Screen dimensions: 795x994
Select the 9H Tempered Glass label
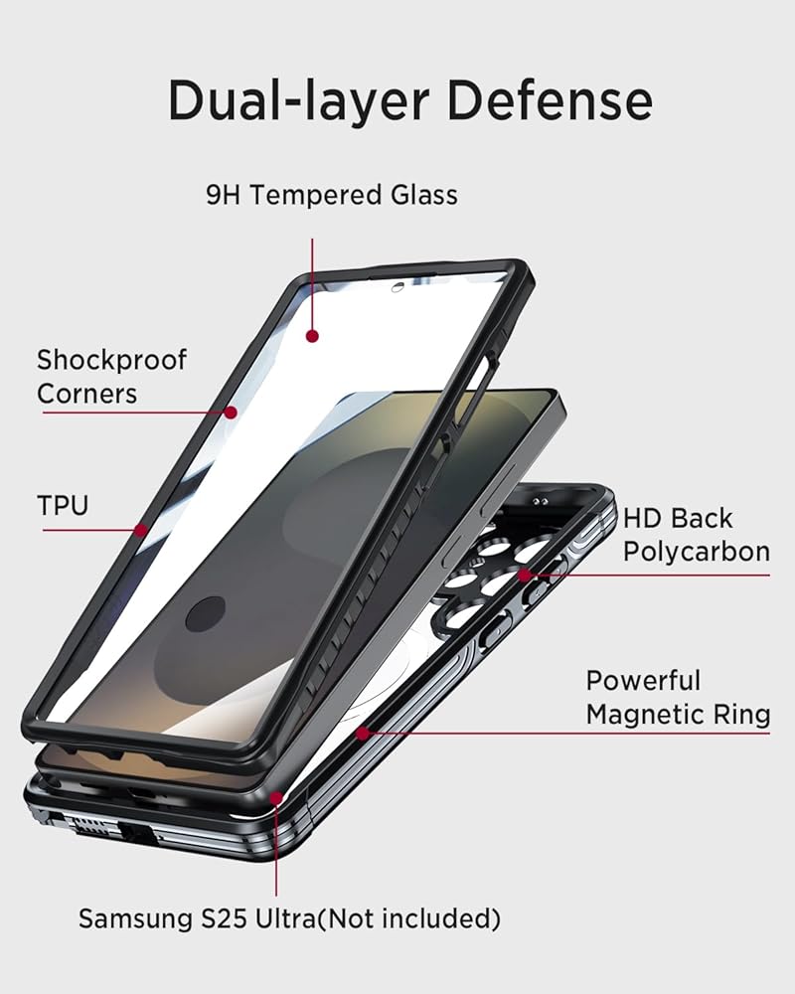tap(332, 195)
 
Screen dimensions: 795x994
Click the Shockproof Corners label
tap(111, 376)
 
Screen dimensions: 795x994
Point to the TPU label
tap(63, 505)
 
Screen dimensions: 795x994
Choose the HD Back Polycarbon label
tap(696, 535)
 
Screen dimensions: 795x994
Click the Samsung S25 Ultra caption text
tap(289, 919)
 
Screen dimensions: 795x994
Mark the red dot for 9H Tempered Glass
tap(312, 336)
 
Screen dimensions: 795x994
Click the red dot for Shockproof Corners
tap(231, 412)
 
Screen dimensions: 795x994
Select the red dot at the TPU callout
tap(141, 530)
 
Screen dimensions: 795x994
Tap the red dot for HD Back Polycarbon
tap(523, 575)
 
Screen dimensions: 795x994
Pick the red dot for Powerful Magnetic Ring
tap(363, 734)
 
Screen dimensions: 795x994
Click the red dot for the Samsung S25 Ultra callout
tap(276, 797)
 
